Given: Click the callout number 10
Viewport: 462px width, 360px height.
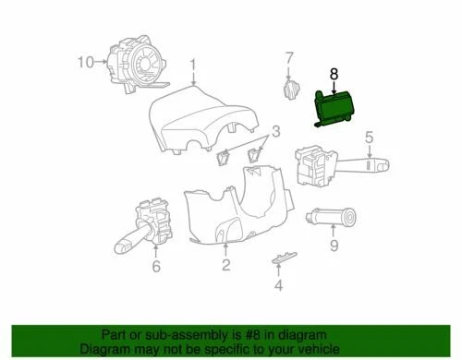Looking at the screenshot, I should [85, 63].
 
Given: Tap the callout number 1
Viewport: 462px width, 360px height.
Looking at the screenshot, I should [193, 65].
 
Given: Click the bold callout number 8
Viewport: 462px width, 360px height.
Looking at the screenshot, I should [334, 69].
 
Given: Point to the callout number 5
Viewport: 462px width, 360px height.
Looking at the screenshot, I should [368, 139].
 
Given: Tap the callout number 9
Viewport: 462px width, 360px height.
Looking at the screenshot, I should [334, 246].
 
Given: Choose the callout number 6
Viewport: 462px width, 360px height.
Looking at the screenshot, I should [155, 267].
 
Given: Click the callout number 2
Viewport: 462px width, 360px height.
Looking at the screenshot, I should [225, 266].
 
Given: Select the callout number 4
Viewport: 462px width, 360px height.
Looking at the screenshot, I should [277, 285].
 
